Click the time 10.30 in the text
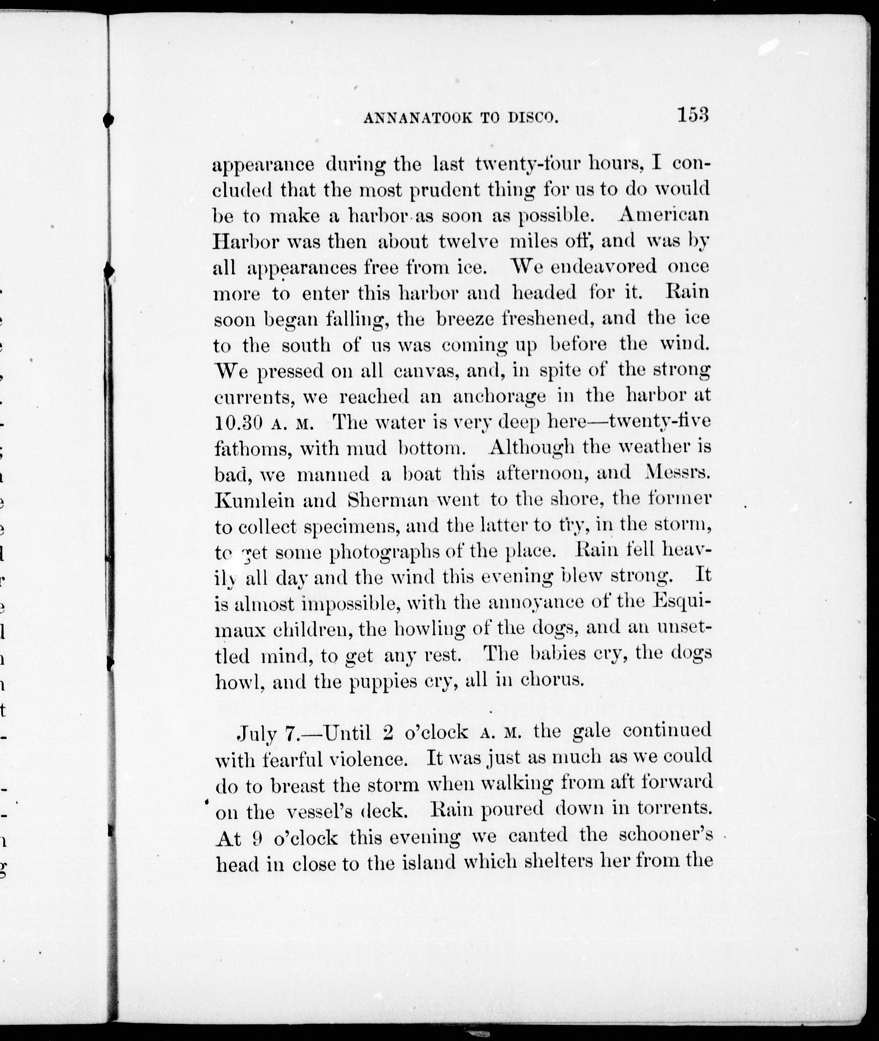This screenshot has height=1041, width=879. [x=238, y=423]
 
